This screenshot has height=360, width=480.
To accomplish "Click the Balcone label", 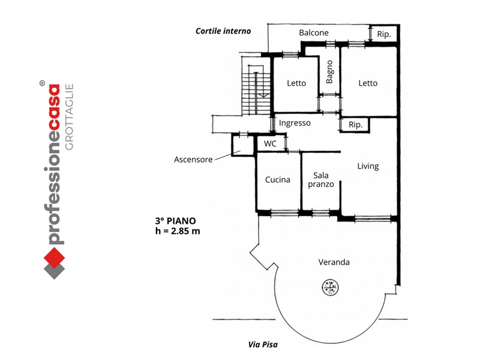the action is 314,33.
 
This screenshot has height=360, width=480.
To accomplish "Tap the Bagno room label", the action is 329,72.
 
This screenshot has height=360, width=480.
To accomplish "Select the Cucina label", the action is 278,179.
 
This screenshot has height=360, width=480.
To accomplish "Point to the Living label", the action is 368,166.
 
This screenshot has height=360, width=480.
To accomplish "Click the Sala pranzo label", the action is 321,179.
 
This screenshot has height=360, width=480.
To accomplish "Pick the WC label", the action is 270,143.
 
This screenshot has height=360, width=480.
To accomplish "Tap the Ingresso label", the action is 295,123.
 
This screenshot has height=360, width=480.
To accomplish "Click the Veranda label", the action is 334,262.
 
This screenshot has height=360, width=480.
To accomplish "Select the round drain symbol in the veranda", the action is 331,287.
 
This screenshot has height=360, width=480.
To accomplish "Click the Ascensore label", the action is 193,160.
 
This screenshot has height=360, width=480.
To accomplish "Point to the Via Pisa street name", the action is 263,344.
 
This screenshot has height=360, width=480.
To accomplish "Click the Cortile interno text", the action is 223,31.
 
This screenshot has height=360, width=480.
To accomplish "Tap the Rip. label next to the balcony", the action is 384,34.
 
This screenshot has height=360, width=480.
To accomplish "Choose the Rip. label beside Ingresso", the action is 355,125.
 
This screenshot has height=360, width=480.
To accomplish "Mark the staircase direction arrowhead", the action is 263,96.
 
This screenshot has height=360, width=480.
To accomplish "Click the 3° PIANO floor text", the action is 175,221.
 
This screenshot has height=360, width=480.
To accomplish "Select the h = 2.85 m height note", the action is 178,231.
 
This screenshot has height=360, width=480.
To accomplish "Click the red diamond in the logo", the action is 54,258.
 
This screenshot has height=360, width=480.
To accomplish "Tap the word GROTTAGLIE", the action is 70,117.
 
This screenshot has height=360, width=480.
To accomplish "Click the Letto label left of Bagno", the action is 296,83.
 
